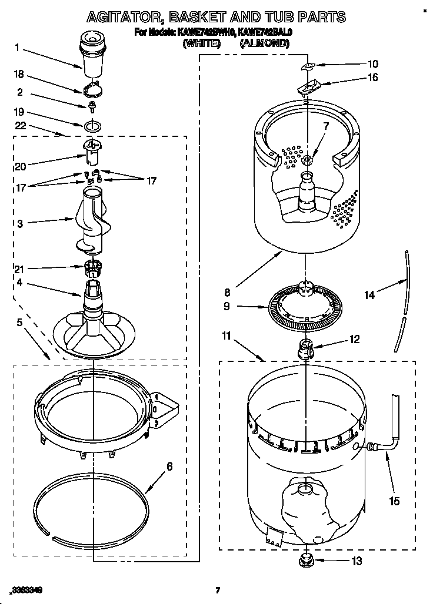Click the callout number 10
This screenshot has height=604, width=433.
tap(372, 64)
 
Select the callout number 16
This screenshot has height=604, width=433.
tap(372, 78)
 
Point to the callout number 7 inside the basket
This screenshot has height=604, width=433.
tap(326, 126)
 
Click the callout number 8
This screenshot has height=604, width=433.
tap(227, 291)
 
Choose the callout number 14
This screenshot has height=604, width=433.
tap(369, 296)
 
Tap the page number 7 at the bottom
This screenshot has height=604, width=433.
tap(217, 590)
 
